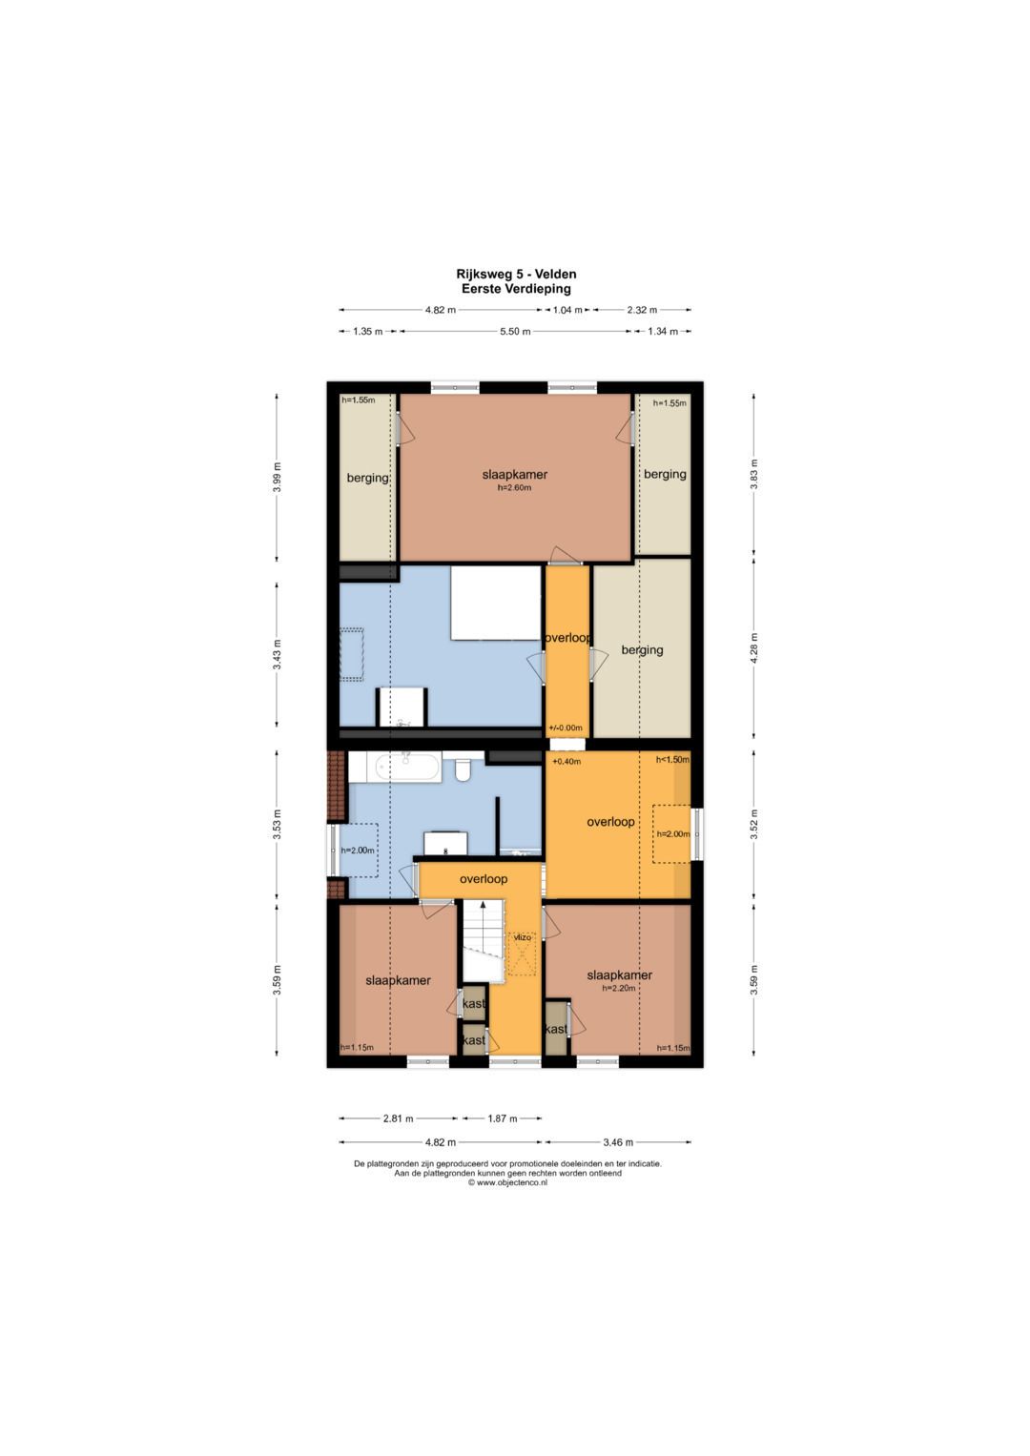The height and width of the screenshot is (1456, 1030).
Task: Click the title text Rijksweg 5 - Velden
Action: (516, 275)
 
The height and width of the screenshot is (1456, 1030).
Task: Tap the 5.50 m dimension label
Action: (515, 332)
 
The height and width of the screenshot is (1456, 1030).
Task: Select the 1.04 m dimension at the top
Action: (567, 310)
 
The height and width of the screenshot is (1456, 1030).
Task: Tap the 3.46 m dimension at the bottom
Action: (617, 1141)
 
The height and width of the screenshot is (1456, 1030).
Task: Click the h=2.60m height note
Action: (514, 487)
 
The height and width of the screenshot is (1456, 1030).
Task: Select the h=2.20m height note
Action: (618, 989)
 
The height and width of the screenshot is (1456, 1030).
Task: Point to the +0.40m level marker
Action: (566, 762)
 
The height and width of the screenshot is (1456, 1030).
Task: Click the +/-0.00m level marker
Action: (565, 728)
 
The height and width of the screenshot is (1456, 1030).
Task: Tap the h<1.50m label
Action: (672, 759)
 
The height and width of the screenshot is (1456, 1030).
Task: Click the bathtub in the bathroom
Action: (396, 767)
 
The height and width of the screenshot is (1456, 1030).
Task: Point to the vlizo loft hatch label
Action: (523, 937)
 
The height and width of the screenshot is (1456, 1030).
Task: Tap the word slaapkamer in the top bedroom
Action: (514, 475)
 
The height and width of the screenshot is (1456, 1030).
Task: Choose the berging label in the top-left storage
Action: (367, 478)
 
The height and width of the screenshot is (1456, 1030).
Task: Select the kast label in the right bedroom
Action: (556, 1029)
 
